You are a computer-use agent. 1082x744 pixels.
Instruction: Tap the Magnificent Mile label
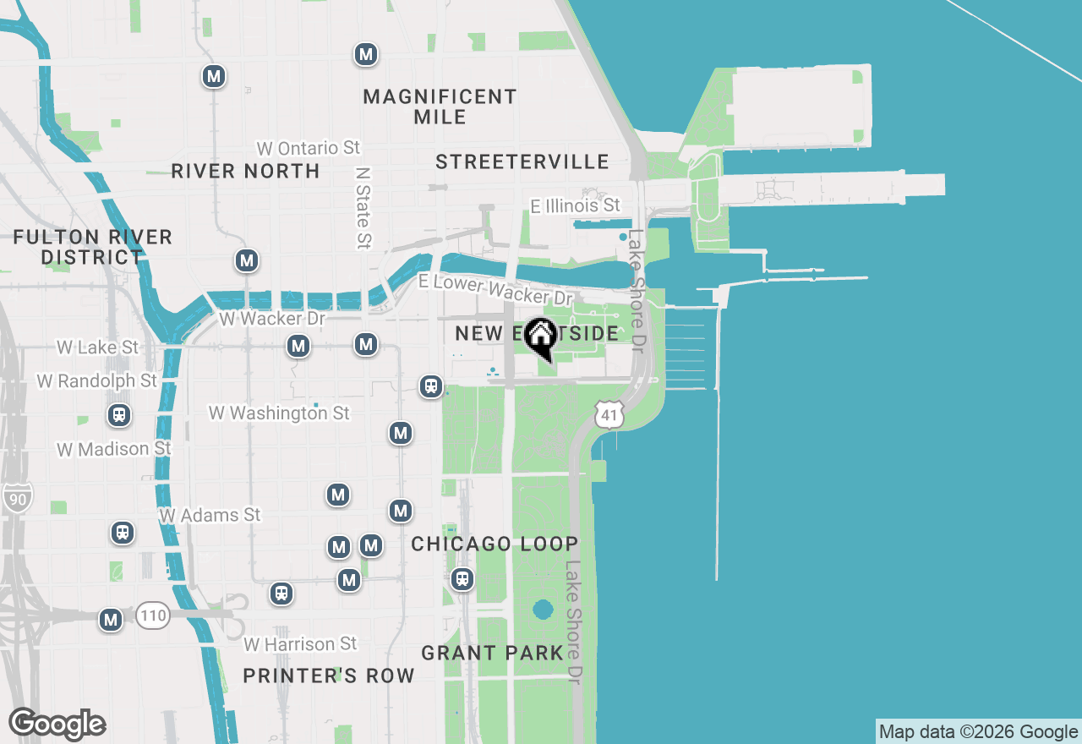click(440, 107)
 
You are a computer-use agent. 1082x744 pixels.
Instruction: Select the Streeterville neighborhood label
click(522, 161)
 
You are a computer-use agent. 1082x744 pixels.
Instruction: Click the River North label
click(245, 171)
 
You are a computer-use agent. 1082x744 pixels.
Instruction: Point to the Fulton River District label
click(92, 247)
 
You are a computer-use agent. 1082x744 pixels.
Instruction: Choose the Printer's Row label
click(329, 676)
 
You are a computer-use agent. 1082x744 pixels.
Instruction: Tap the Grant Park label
click(492, 653)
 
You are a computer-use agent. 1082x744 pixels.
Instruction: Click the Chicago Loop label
click(495, 544)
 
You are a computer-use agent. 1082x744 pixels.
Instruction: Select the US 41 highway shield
click(609, 414)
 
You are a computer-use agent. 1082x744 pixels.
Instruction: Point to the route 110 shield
click(153, 615)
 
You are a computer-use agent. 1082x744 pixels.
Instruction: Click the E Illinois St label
click(575, 205)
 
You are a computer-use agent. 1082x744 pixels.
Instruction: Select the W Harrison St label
click(300, 644)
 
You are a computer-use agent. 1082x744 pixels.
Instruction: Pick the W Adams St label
click(210, 515)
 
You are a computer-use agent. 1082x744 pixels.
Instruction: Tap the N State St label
click(363, 207)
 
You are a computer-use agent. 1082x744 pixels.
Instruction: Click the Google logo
click(57, 725)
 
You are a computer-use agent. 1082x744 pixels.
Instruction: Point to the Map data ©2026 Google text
click(978, 732)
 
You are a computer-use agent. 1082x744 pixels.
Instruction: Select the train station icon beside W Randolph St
click(119, 415)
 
